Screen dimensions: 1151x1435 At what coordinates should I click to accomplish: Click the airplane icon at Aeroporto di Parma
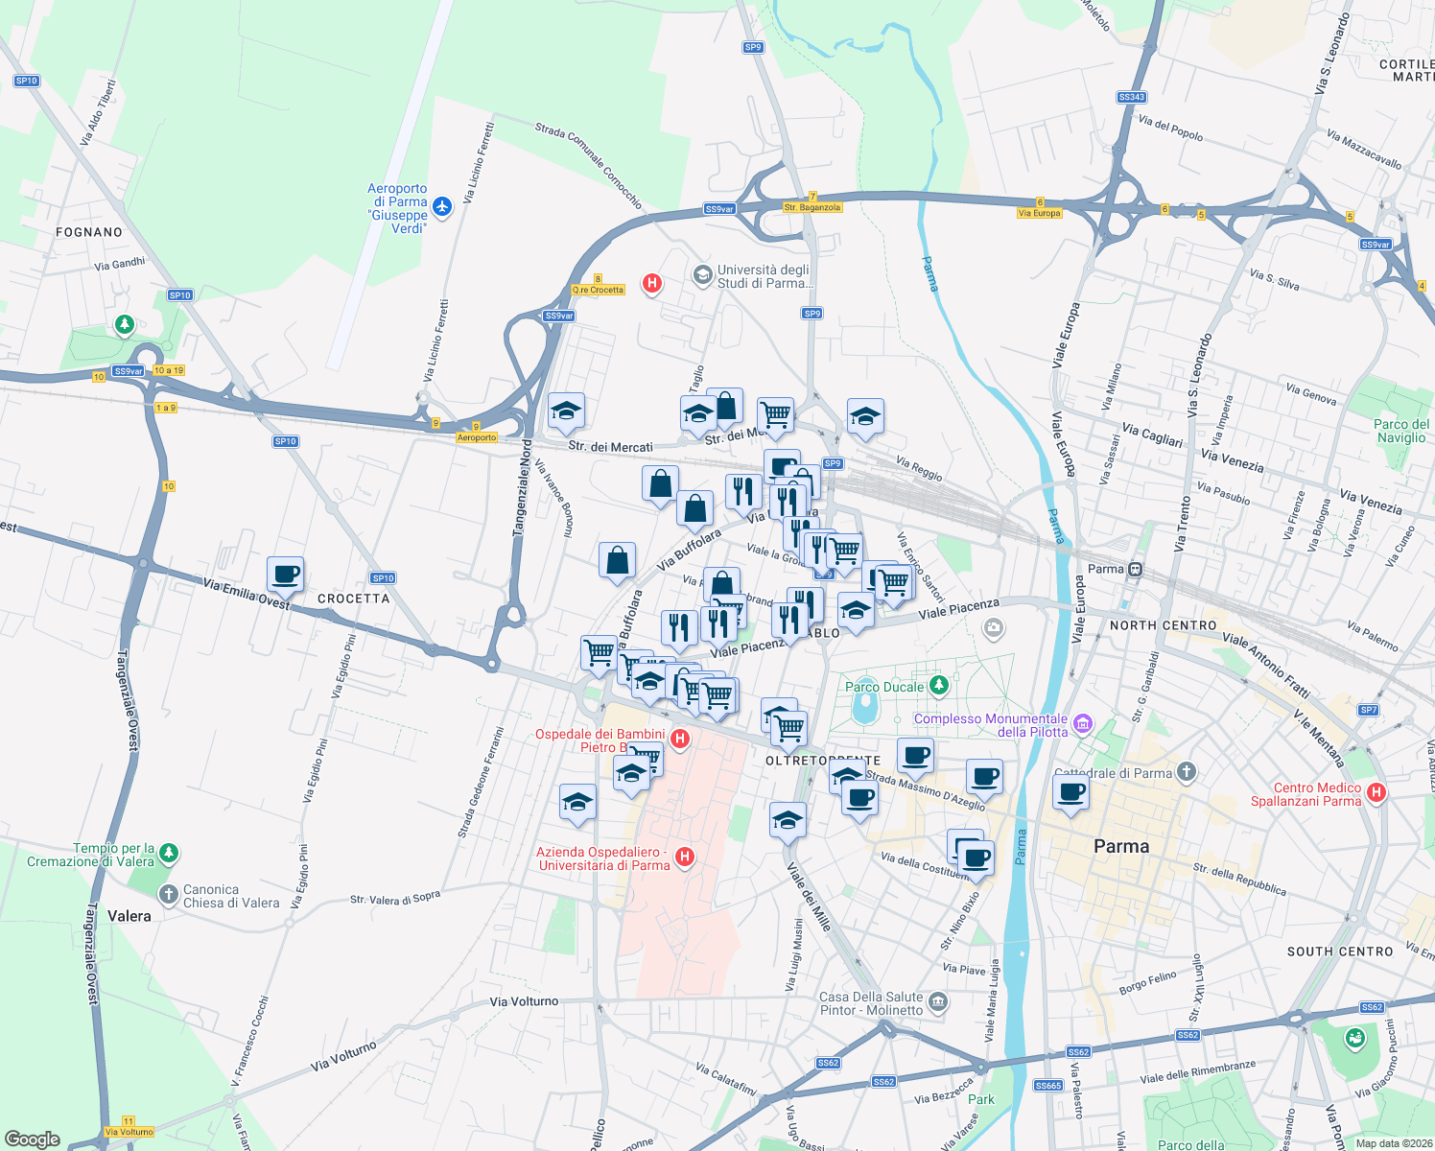coord(441,206)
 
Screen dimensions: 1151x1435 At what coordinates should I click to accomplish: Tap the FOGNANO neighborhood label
coord(89,232)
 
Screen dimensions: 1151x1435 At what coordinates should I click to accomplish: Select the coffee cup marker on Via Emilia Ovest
coord(285,575)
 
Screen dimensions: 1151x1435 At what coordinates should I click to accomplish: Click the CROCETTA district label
coord(354,599)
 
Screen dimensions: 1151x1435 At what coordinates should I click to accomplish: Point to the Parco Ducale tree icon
coord(939,685)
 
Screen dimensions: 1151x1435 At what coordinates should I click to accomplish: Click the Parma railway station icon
coord(1135,569)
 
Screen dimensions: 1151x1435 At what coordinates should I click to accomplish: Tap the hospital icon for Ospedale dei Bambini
coord(680,739)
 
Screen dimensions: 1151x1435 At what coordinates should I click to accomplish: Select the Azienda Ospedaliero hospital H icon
coord(685,857)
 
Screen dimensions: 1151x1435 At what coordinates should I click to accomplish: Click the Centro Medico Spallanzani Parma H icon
coord(1376,792)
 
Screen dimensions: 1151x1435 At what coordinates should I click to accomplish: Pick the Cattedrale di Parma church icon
coord(1187,772)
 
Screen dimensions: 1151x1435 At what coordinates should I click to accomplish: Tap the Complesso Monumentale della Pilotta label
coord(991,725)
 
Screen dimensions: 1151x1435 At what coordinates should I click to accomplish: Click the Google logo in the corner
coord(32,1139)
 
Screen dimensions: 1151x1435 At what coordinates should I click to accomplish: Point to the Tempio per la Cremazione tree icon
coord(169,852)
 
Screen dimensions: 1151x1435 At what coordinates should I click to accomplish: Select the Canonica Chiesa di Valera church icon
coord(168,896)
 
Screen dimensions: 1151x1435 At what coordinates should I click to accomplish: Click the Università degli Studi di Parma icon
coord(703,276)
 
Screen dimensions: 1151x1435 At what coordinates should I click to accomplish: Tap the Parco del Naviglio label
coord(1400,431)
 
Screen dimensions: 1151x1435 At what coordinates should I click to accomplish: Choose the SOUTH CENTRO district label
coord(1340,951)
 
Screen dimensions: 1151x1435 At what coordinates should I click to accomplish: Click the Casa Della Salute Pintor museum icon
coord(938,1002)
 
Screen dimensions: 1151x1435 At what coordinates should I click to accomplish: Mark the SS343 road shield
coord(1131,97)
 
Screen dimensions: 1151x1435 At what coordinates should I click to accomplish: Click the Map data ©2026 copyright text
coord(1393,1143)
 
